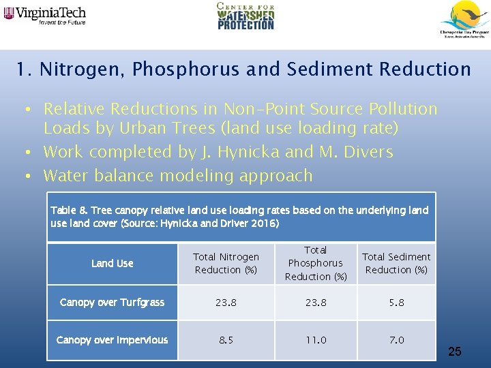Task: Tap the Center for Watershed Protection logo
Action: tap(245, 16)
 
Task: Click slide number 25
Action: tap(455, 352)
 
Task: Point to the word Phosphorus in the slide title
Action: tap(185, 70)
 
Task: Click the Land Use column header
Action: tap(113, 263)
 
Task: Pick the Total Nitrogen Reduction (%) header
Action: tap(226, 263)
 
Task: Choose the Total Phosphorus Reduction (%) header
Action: tap(315, 263)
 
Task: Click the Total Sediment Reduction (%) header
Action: tap(396, 263)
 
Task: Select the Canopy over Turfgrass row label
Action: tap(113, 303)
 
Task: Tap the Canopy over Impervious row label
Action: tap(113, 340)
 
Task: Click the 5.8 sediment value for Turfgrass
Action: tap(396, 303)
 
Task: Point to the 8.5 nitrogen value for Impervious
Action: tap(226, 340)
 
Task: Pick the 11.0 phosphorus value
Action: tap(315, 340)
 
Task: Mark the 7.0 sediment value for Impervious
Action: tap(396, 340)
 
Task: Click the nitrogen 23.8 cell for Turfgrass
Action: tap(226, 303)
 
